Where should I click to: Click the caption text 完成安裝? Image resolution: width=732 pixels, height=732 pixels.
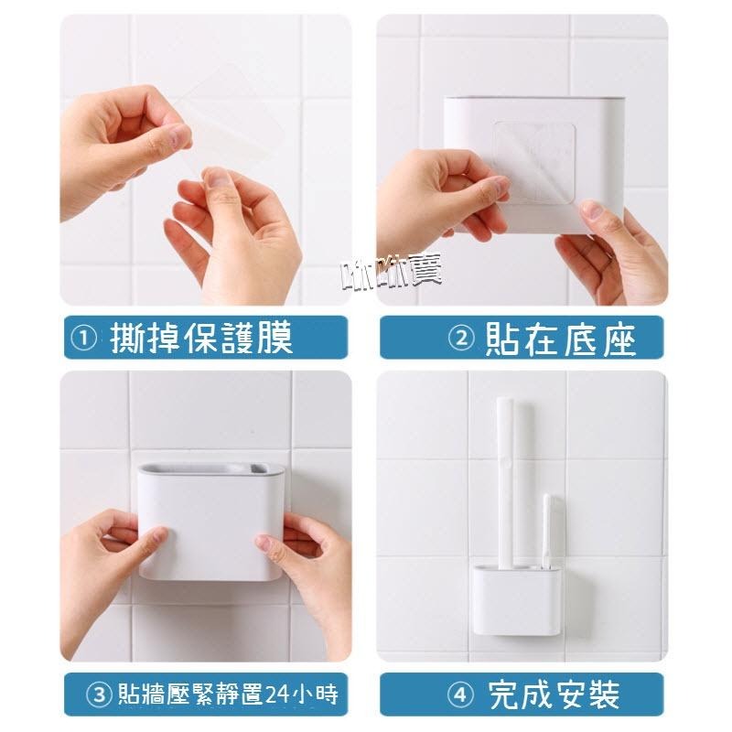(554, 694)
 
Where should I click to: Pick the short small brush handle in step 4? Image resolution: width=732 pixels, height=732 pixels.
(546, 531)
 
